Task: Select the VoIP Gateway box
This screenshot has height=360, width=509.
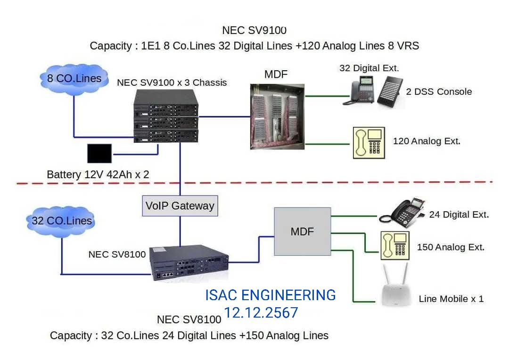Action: point(180,205)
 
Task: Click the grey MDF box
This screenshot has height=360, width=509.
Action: point(302,231)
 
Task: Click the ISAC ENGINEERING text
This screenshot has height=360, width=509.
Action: point(270,295)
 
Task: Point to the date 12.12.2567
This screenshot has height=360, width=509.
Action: point(261,312)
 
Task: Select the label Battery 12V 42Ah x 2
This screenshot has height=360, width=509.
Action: point(98,174)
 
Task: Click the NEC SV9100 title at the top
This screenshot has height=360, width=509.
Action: point(254,31)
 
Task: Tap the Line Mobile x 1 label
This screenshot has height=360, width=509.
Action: point(451,299)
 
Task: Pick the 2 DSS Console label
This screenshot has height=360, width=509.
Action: point(439,91)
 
